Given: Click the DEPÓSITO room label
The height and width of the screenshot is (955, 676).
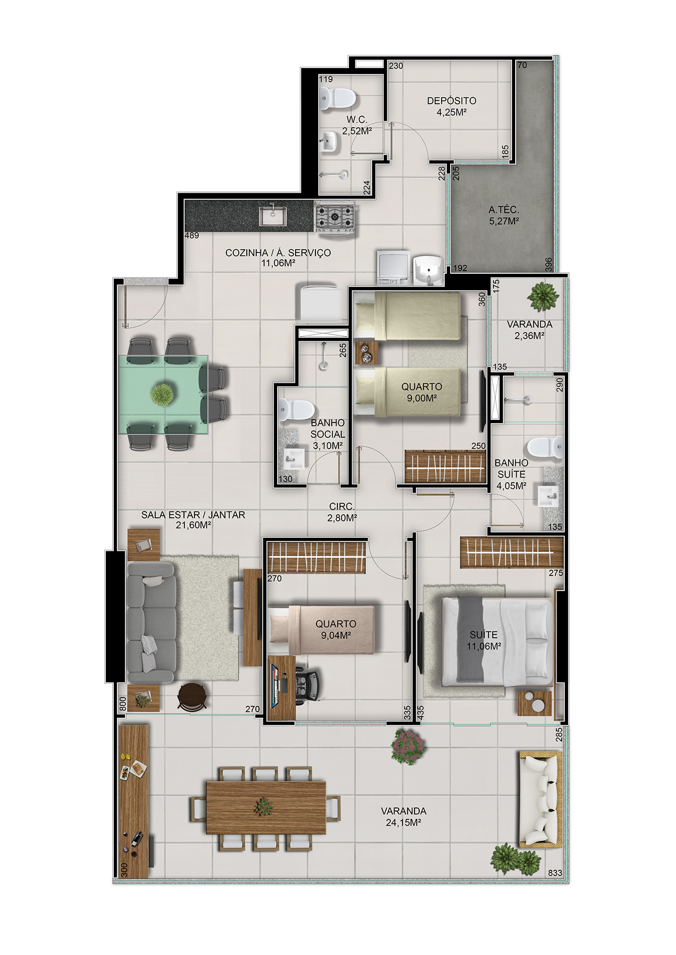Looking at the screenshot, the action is coord(451,101).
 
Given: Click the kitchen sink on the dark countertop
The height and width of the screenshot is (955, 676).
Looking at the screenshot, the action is coord(272,216).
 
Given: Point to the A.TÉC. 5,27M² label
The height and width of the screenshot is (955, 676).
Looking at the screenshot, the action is coord(504,215).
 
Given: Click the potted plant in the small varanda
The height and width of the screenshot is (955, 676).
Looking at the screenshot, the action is coord(542,296).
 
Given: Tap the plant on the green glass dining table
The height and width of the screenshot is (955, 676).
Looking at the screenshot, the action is coord(162,394).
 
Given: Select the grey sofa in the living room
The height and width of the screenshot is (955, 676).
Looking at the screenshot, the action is coord(151,623).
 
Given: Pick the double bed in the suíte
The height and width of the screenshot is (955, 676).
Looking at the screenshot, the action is coord(497,641).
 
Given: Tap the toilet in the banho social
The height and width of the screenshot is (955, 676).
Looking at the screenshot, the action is coord(296,409).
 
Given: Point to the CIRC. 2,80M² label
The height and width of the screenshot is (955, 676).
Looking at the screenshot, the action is coord(342,512).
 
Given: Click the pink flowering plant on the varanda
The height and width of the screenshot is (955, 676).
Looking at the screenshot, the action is coord(408,746).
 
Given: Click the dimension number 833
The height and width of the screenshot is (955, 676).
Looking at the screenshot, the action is coord(555,873).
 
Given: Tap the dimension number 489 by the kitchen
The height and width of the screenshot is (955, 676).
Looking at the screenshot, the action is coord(192,236).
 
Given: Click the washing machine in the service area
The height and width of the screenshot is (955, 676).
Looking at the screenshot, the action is coord(393,267).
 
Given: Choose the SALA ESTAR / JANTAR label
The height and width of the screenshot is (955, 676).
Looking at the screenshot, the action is coord(193,515).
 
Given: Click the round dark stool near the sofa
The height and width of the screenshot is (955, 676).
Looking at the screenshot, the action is coord(192,696).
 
